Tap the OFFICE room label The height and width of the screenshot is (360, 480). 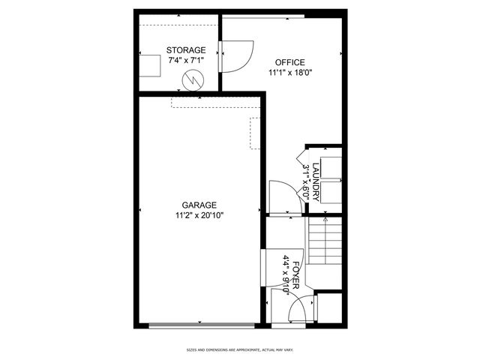[289, 63]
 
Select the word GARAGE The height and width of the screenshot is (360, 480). [199, 205]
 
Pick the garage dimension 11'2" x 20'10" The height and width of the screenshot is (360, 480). [199, 215]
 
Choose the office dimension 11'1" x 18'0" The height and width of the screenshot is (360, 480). [289, 73]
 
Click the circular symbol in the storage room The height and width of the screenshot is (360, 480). [194, 78]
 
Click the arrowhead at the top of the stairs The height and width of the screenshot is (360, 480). [324, 220]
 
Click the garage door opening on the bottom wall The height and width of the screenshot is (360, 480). [200, 325]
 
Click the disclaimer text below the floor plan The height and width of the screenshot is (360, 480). [239, 349]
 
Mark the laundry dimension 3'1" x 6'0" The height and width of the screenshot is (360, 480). [306, 181]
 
